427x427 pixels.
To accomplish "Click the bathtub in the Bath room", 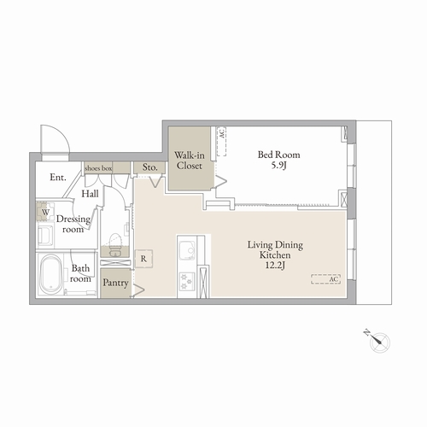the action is tap(50, 274).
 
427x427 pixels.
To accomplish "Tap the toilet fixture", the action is tap(115, 244).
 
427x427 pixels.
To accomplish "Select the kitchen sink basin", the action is tap(187, 250).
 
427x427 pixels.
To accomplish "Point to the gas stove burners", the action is tap(187, 281).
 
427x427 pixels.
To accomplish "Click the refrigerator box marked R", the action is tap(143, 259).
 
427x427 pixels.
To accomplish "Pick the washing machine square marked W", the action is tap(45, 212).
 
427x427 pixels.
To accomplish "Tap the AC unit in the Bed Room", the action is tap(222, 141).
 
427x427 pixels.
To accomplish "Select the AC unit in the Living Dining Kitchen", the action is tap(326, 279).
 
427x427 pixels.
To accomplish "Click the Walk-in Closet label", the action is tap(190, 161).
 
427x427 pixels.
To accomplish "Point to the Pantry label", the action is tap(115, 283).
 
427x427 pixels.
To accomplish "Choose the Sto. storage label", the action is tap(149, 167).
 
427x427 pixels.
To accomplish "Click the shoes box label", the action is tap(98, 168).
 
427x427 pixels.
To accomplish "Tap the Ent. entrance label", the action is tap(58, 178).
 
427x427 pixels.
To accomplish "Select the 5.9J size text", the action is tap(278, 165).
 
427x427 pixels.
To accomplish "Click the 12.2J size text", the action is tap(275, 266).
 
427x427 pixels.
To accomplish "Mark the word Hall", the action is tap(90, 194).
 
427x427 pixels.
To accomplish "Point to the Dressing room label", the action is tap(73, 224).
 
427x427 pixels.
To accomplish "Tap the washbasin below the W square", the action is tap(45, 236).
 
